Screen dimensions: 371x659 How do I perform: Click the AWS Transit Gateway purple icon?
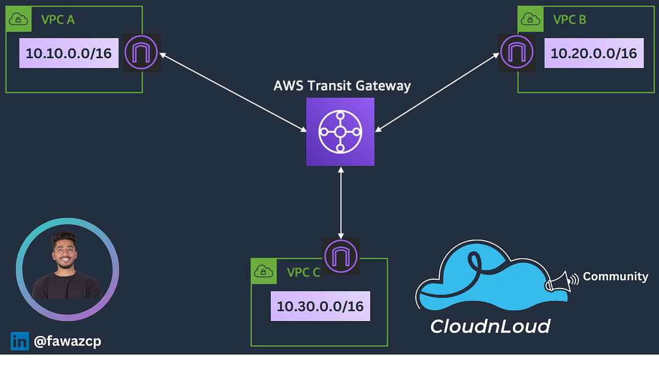[340, 132]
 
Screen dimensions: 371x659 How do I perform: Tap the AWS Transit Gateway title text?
[342, 86]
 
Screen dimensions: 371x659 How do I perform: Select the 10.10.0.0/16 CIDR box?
[69, 53]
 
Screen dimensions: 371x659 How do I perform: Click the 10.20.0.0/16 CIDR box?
[594, 53]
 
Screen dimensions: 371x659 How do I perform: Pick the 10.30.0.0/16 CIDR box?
[320, 306]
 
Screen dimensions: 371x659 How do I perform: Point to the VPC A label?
[58, 20]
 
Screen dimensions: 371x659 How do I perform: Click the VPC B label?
[569, 20]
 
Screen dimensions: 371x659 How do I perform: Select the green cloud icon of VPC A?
[19, 20]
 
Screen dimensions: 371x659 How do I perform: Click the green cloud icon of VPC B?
[530, 20]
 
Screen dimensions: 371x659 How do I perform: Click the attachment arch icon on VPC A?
[142, 53]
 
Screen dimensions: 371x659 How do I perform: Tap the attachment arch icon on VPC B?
[516, 53]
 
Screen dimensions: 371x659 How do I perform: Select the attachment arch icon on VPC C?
[341, 256]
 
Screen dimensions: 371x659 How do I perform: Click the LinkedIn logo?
[19, 341]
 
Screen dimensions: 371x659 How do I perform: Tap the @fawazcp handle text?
[67, 341]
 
